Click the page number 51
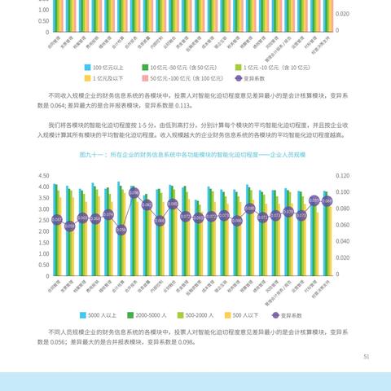click(x=367, y=356)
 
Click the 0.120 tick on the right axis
click(x=343, y=175)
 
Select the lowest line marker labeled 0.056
click(x=121, y=230)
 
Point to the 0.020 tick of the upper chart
click(x=343, y=14)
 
